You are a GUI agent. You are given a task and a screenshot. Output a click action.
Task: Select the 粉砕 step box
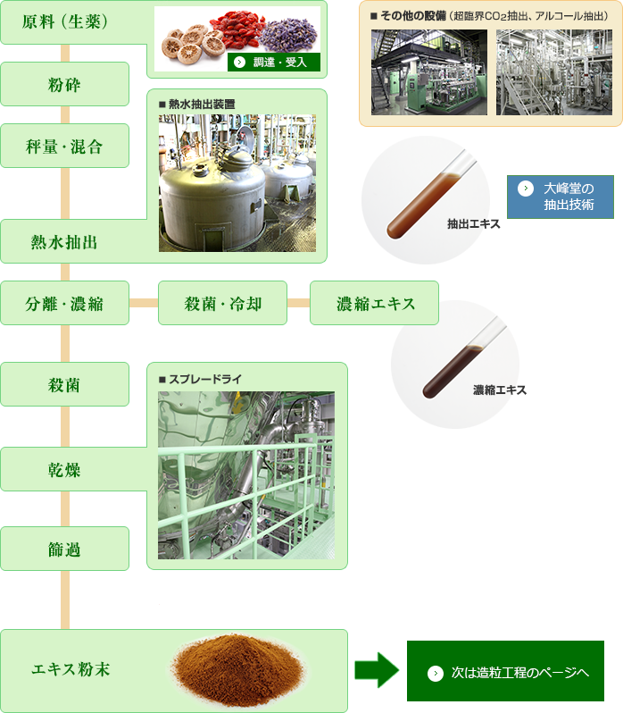64,85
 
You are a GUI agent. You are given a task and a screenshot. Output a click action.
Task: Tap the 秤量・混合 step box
64,147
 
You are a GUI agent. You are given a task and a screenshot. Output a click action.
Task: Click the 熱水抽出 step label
64,242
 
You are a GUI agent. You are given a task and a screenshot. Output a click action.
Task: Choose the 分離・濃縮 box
64,303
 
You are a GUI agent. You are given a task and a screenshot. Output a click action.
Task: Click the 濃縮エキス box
375,303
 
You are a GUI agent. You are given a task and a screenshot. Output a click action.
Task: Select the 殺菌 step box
64,385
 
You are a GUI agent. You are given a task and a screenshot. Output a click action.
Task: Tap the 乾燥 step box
64,469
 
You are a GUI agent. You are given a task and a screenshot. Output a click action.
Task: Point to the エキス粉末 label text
71,668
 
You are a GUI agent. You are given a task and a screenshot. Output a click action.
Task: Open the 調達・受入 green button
274,63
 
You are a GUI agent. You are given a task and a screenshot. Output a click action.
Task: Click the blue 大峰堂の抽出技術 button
561,197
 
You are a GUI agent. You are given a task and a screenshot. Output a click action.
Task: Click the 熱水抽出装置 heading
202,104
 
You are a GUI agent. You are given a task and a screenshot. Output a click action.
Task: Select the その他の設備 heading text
410,15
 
